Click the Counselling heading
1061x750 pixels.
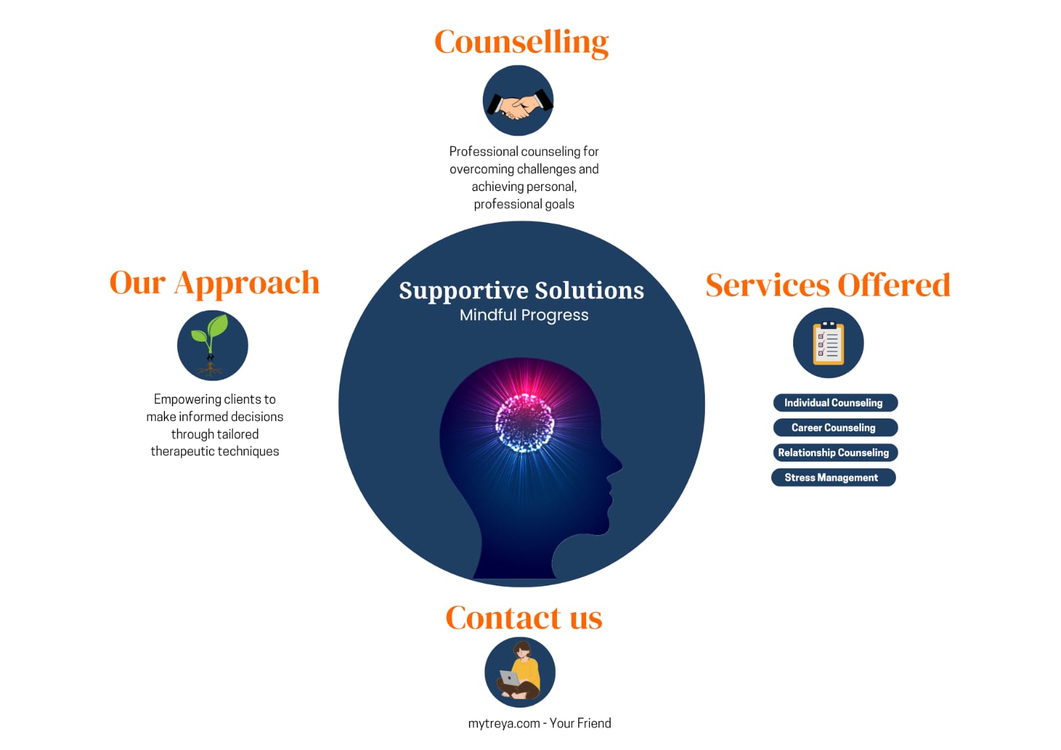click(x=521, y=42)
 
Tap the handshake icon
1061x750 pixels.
click(x=518, y=101)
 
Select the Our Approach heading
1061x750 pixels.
click(x=214, y=283)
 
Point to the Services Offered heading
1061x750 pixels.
click(x=828, y=286)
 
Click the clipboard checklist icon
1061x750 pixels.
click(x=828, y=344)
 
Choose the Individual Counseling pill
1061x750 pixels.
click(x=835, y=403)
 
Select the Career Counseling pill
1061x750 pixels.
click(x=835, y=428)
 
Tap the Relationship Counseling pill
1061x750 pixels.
click(x=835, y=452)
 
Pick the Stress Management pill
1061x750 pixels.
click(x=833, y=477)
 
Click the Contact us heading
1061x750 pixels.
click(x=524, y=618)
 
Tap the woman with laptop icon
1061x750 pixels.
click(x=520, y=672)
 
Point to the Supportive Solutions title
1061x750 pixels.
click(x=521, y=290)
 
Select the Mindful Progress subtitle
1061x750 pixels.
click(x=524, y=315)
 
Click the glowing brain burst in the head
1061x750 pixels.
click(x=525, y=423)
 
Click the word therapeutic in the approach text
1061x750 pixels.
click(x=182, y=452)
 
